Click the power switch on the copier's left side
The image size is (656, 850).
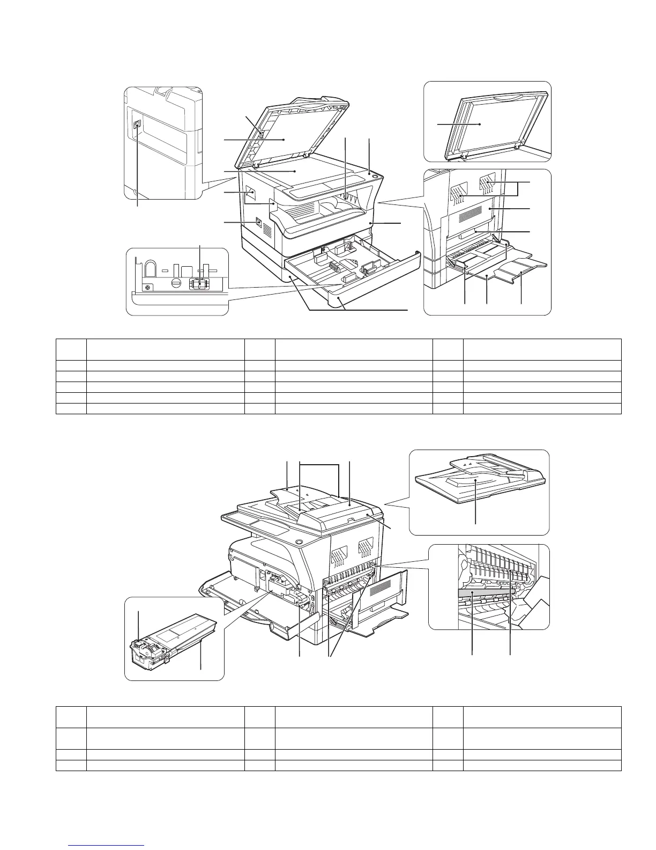point(259,221)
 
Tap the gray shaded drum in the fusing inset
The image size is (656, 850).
point(485,592)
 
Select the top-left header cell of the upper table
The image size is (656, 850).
point(71,349)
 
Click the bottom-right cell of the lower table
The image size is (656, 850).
point(542,765)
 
